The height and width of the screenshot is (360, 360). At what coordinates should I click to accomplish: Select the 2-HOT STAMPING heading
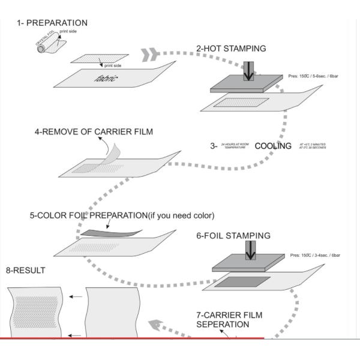[232, 48]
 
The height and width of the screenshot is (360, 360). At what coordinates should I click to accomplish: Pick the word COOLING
[274, 146]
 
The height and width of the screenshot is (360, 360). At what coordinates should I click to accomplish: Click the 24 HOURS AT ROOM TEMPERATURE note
[233, 146]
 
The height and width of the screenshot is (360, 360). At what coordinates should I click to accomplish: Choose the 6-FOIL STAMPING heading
[231, 236]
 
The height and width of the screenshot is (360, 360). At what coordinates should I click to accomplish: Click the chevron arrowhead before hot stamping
[150, 55]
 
